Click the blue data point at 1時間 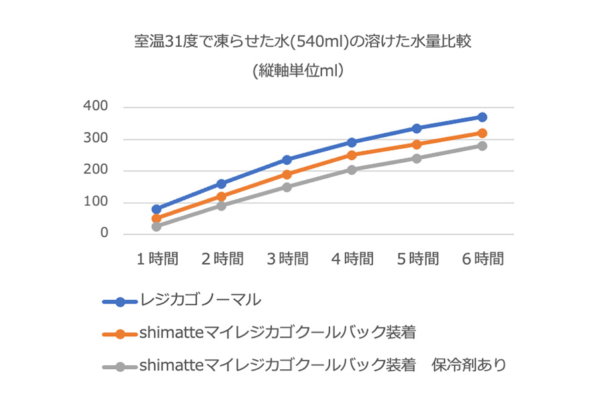click(x=157, y=209)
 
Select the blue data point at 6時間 click(x=482, y=117)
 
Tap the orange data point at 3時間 click(x=287, y=174)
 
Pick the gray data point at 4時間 click(x=352, y=170)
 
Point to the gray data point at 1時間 click(x=157, y=226)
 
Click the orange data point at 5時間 click(x=417, y=144)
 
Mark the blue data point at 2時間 click(x=222, y=184)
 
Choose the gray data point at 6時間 click(x=482, y=145)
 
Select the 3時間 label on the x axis click(x=287, y=259)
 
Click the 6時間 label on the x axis click(x=482, y=259)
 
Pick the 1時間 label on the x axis click(x=157, y=259)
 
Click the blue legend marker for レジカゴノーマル click(x=121, y=301)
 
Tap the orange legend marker click(x=121, y=333)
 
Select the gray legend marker click(x=121, y=366)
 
